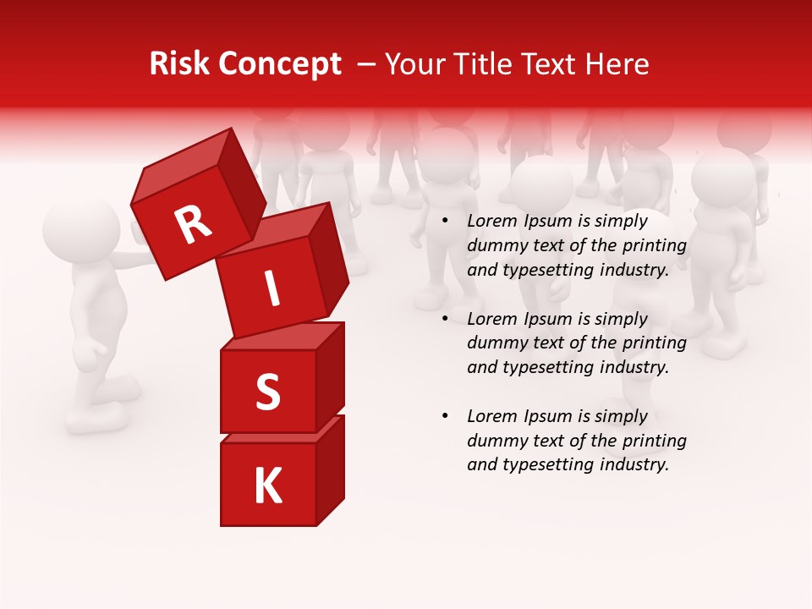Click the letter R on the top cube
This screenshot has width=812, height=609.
pyautogui.click(x=193, y=225)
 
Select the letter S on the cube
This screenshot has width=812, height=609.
pyautogui.click(x=267, y=392)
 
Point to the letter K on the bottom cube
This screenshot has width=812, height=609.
pyautogui.click(x=267, y=486)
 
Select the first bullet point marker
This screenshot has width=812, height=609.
pyautogui.click(x=445, y=222)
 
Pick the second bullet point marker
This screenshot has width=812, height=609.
pyautogui.click(x=445, y=320)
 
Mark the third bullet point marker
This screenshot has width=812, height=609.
pyautogui.click(x=445, y=417)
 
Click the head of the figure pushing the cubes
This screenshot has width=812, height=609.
pyautogui.click(x=80, y=230)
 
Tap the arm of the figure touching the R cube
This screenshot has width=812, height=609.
pyautogui.click(x=127, y=261)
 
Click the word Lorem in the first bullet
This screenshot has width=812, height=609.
pyautogui.click(x=490, y=222)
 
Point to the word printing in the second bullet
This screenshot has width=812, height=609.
pyautogui.click(x=657, y=343)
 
